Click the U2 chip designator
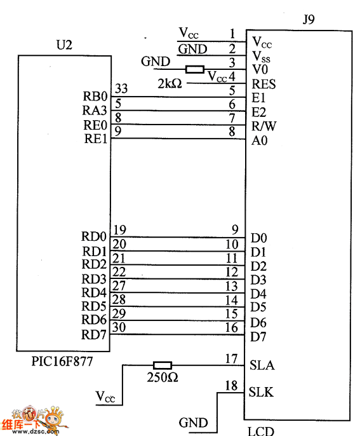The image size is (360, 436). pos(64,44)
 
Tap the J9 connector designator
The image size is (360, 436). pos(309,20)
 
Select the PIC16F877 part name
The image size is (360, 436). pos(62,362)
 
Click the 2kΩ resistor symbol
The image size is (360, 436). pos(195,69)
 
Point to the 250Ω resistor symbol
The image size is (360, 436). pos(163,365)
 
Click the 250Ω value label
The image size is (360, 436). pos(163,378)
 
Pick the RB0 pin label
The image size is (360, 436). pos(95,97)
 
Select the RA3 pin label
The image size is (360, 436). pos(95,111)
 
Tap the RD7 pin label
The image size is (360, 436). pos(94,335)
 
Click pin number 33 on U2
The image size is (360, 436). pos(121,89)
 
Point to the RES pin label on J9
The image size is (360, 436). pos(263,84)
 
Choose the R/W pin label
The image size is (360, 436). pos(264,126)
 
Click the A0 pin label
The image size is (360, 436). pos(260,140)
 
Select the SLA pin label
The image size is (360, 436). pos(262,365)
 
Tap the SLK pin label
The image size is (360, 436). pos(261,392)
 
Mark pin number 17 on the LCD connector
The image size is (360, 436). pos(231,359)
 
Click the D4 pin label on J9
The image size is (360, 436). pos(258,294)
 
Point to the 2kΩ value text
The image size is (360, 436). pos(170,83)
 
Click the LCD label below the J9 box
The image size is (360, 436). pos(260,431)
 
